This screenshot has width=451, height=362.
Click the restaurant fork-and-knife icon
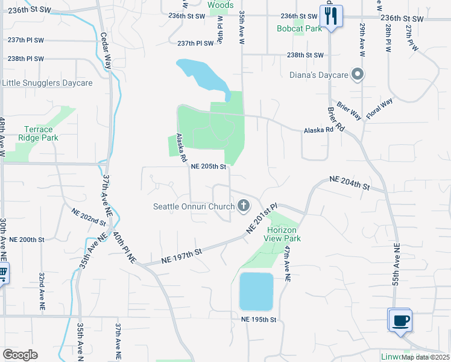pyautogui.click(x=330, y=16)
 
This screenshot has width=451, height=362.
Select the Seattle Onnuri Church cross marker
pyautogui.click(x=244, y=206)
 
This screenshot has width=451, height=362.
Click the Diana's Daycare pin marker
pyautogui.click(x=358, y=75)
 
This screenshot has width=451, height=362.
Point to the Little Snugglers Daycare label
pyautogui.click(x=48, y=83)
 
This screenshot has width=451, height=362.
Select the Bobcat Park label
pyautogui.click(x=300, y=28)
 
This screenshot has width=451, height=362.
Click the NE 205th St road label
pyautogui.click(x=208, y=167)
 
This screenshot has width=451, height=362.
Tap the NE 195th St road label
pyautogui.click(x=258, y=319)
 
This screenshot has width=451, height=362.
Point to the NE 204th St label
pyautogui.click(x=349, y=183)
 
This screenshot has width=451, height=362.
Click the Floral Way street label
pyautogui.click(x=379, y=109)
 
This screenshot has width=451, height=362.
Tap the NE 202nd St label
pyautogui.click(x=89, y=217)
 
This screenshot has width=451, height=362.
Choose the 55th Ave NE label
pyautogui.click(x=396, y=265)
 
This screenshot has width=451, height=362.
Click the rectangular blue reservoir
pyautogui.click(x=256, y=291)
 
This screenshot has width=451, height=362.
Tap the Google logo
pyautogui.click(x=20, y=355)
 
